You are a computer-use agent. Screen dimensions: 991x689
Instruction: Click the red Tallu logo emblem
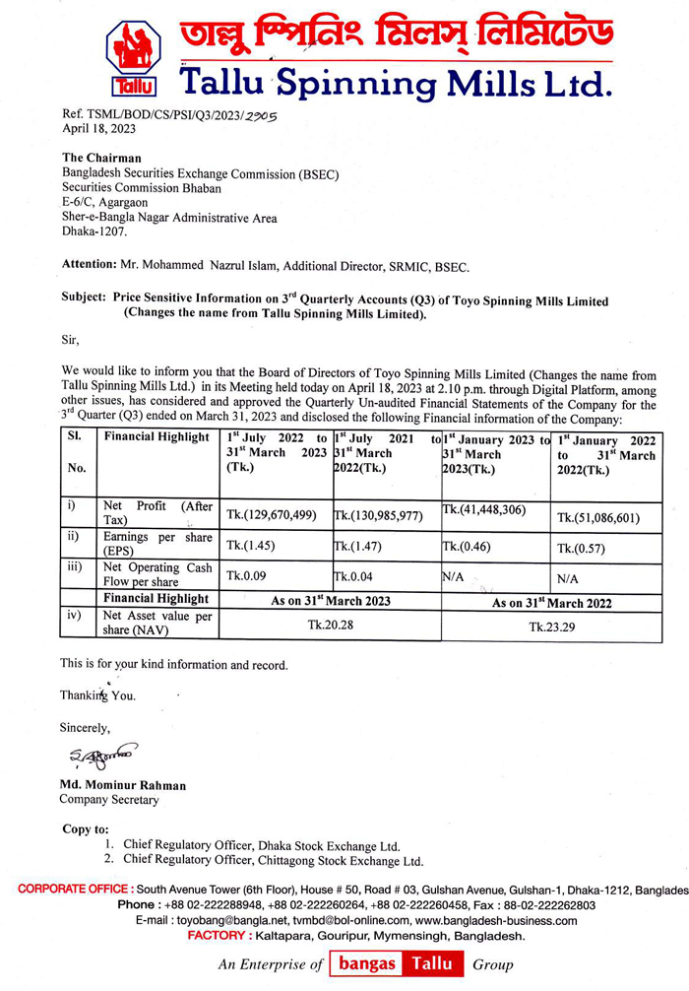click(x=133, y=58)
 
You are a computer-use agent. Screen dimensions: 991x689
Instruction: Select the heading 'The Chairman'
click(x=101, y=158)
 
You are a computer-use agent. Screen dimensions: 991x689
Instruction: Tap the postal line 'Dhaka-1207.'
click(x=94, y=232)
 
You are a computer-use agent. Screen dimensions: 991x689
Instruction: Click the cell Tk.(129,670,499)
click(x=272, y=514)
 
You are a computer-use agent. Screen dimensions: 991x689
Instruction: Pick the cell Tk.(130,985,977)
click(x=378, y=514)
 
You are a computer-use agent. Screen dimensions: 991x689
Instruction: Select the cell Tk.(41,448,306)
click(x=484, y=509)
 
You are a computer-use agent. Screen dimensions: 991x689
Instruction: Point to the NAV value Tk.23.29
click(x=552, y=627)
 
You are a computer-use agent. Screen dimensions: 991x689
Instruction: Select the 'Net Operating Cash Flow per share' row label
click(x=157, y=574)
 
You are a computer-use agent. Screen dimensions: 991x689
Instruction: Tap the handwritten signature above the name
click(x=101, y=757)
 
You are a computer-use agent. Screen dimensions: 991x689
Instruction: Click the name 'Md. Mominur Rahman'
click(x=123, y=785)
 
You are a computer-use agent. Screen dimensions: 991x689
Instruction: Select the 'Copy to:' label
click(x=86, y=828)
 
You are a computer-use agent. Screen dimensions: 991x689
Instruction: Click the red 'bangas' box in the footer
click(x=367, y=963)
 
